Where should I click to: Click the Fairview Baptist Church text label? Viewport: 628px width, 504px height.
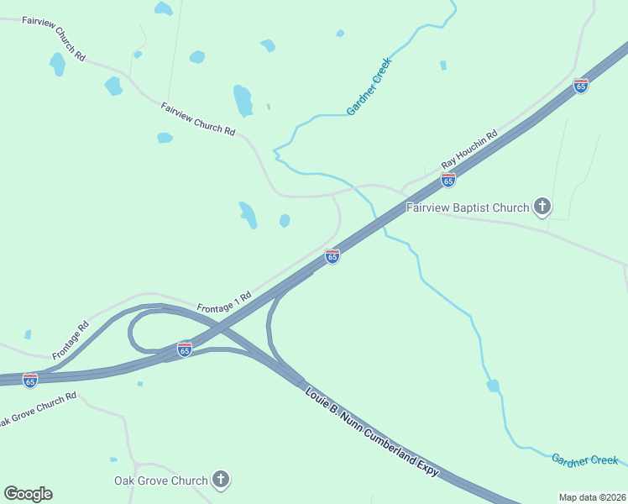(x=468, y=207)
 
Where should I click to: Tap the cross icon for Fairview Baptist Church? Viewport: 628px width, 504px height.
(x=542, y=207)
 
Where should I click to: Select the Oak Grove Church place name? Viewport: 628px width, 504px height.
(x=160, y=481)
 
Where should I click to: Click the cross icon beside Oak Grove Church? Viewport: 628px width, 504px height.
(x=221, y=480)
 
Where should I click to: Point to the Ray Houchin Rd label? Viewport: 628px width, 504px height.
(x=470, y=149)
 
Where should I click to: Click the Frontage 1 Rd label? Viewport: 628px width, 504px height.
(x=224, y=302)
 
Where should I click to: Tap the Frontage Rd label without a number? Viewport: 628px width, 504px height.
(x=71, y=340)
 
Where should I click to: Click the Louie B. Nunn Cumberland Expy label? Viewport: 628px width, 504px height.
(x=372, y=433)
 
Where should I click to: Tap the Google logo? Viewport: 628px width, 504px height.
(x=28, y=494)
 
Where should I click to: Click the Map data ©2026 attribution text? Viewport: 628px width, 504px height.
(x=592, y=497)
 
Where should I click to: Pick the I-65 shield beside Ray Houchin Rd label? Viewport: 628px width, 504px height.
(x=448, y=180)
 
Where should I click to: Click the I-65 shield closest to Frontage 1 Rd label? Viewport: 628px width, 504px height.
(x=332, y=256)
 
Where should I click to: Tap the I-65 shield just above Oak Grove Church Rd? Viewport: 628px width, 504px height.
(x=30, y=381)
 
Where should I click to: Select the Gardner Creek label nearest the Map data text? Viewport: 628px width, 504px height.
(x=584, y=459)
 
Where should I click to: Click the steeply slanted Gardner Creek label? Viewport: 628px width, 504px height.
(x=369, y=87)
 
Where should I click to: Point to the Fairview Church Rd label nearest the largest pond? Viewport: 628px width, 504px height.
(x=198, y=118)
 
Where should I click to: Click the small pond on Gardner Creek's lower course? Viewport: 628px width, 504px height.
(x=493, y=386)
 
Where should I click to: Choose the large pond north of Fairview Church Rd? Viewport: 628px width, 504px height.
(x=243, y=100)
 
